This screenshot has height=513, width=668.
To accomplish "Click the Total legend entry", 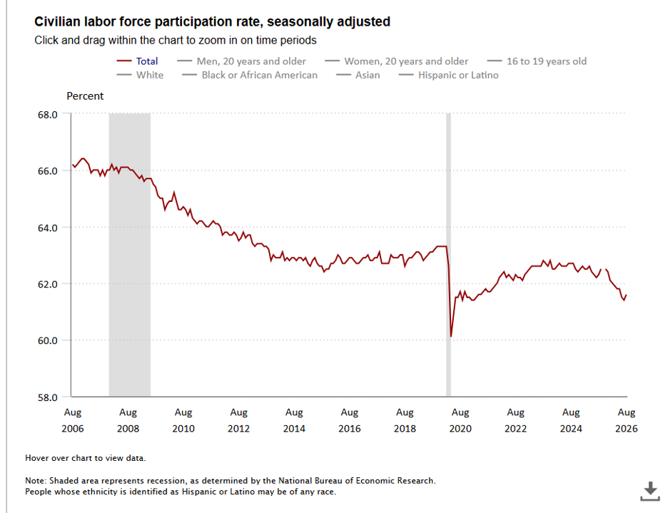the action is point(137,61).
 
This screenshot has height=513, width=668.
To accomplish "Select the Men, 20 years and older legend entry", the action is point(241,61).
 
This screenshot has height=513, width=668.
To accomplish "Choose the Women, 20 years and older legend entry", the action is point(396,61).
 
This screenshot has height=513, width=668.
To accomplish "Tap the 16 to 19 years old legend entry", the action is point(537,61).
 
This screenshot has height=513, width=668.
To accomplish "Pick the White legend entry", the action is point(140,75).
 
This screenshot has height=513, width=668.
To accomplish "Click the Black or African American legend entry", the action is point(250,75).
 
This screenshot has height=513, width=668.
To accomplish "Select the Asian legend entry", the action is point(358,75).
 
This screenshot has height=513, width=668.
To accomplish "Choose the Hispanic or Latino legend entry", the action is point(449,75).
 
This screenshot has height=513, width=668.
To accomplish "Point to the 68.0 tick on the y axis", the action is point(47,115).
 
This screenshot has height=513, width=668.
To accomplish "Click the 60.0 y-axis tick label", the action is point(47,340).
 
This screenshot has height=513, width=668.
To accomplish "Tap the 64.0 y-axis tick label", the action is point(47,228).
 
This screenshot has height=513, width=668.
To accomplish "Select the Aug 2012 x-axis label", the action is point(238,420).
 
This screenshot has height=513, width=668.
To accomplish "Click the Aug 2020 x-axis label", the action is point(460,420).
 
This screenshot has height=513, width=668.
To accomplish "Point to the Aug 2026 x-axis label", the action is point(627,420).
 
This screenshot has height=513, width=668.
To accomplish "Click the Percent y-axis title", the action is point(85,96).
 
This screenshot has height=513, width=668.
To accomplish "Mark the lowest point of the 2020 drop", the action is point(451,337).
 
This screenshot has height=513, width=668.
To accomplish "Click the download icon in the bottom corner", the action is point(649,491).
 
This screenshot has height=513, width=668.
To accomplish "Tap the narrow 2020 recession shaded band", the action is point(448,255).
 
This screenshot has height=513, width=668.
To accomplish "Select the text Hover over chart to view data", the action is point(85,458).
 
